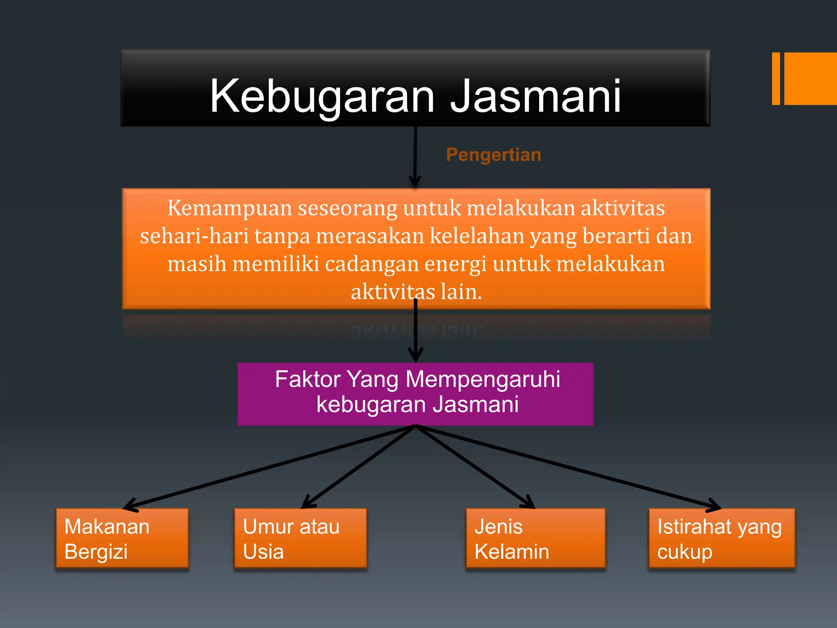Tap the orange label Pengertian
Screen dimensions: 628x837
tap(493, 155)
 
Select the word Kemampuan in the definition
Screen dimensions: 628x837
tap(229, 208)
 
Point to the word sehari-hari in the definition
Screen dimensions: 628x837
tap(194, 236)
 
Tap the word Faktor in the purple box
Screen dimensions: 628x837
tap(308, 379)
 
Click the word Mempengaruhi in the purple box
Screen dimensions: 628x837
tap(483, 379)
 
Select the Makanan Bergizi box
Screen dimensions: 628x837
tap(122, 538)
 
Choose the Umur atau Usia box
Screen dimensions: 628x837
tap(300, 538)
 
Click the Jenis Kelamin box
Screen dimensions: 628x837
tap(535, 538)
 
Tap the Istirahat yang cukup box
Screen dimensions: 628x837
tap(721, 538)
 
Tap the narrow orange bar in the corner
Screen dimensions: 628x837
tap(776, 78)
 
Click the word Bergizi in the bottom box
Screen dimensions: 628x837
tap(96, 552)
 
